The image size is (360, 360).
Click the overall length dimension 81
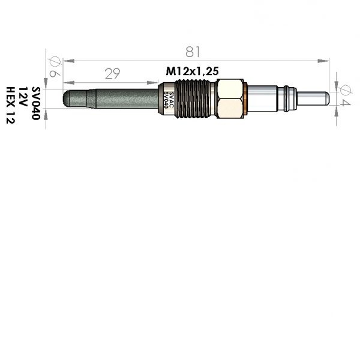pos(193,52)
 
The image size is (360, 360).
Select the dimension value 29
pos(113,74)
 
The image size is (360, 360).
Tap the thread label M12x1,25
pos(192,71)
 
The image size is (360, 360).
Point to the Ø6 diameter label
pos(55,67)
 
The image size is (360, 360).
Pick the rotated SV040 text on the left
pos(36,103)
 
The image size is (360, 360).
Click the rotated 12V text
pos(23,97)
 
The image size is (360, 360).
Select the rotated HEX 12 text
pos(10,105)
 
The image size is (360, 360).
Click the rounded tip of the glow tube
pos(67,98)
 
